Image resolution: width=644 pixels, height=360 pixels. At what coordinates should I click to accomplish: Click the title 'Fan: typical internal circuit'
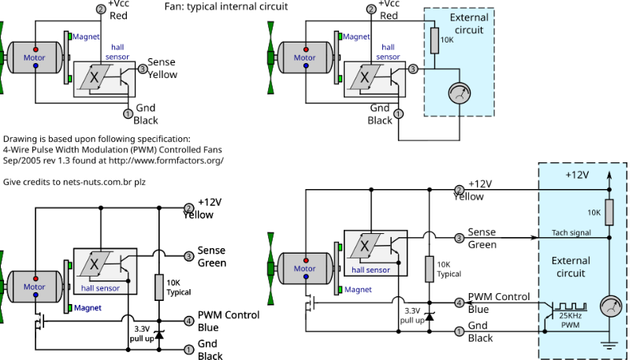click(x=225, y=6)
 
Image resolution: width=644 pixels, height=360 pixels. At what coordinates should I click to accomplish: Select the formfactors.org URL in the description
click(x=166, y=160)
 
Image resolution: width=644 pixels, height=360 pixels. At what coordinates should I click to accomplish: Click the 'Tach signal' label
click(x=571, y=233)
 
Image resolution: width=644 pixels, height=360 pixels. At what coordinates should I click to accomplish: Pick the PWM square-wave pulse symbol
click(x=568, y=306)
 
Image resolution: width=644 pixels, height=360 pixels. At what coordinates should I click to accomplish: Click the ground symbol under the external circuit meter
click(x=609, y=341)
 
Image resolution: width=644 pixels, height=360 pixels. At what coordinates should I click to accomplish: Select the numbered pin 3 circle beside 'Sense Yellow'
click(x=143, y=69)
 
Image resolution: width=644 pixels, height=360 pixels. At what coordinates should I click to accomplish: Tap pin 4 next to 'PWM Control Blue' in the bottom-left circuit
click(x=188, y=321)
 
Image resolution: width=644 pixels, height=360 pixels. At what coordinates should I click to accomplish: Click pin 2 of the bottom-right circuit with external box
click(x=459, y=190)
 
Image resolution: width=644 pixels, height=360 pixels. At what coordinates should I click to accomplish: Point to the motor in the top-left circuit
click(x=35, y=58)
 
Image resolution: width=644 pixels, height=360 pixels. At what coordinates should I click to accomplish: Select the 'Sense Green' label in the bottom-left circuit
click(x=211, y=257)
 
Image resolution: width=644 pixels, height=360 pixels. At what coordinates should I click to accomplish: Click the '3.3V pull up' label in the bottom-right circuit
click(x=411, y=315)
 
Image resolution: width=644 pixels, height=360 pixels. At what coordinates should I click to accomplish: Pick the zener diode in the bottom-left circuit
click(x=159, y=335)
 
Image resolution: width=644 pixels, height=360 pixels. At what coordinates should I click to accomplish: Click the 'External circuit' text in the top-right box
click(x=469, y=24)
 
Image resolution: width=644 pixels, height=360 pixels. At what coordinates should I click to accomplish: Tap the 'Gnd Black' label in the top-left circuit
click(x=146, y=114)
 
